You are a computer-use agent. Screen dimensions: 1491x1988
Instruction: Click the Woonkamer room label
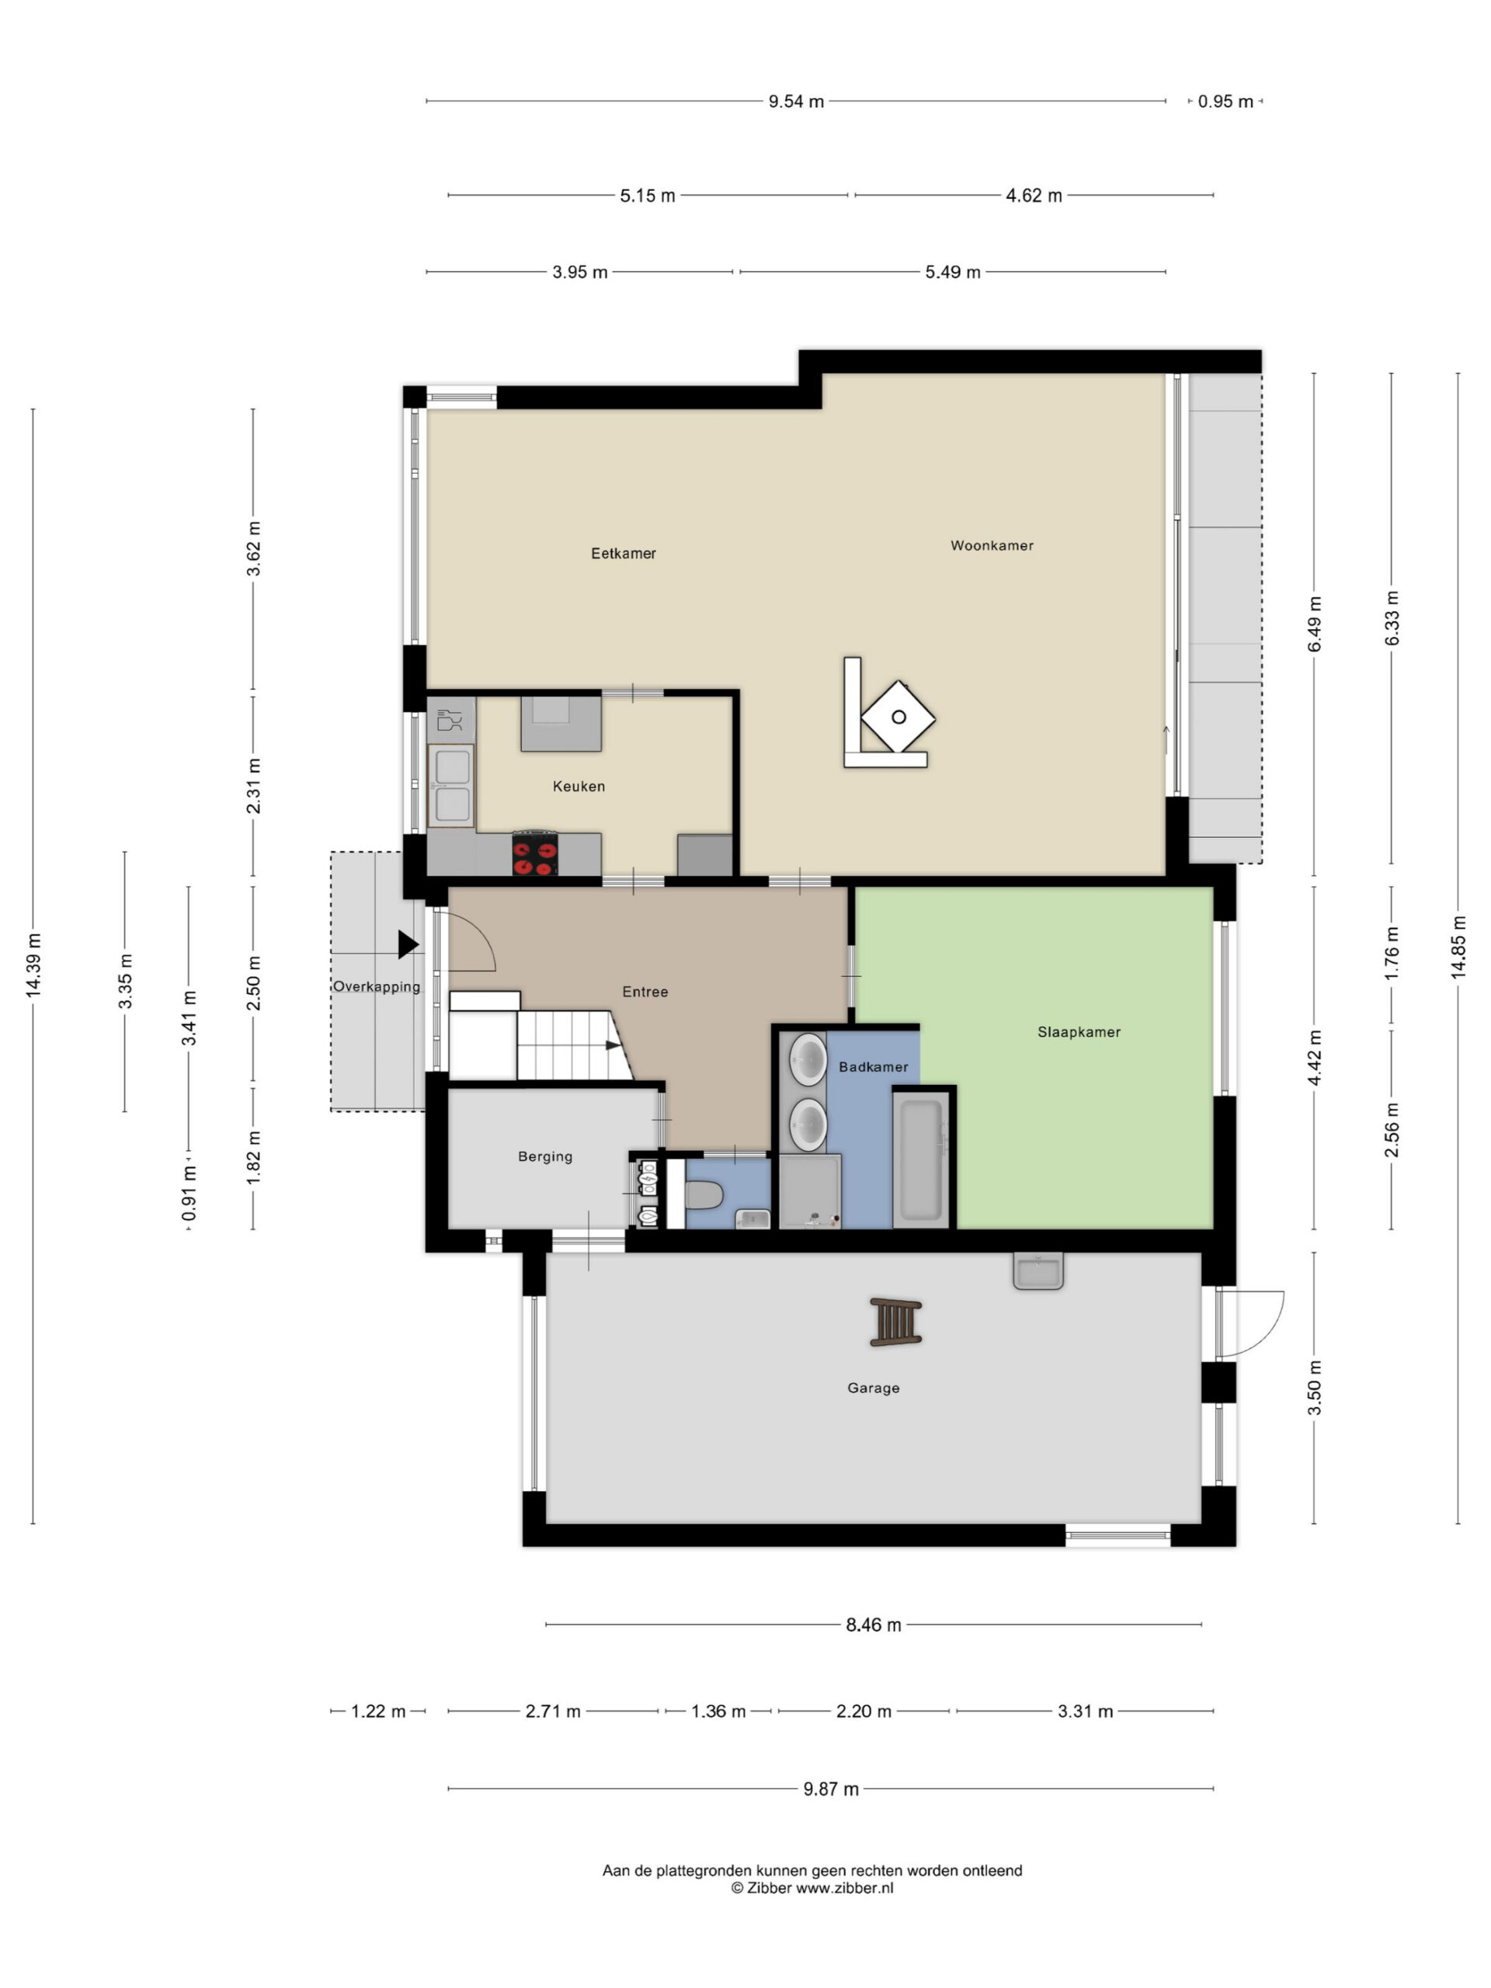tap(992, 545)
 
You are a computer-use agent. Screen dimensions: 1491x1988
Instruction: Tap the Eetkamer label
tap(623, 554)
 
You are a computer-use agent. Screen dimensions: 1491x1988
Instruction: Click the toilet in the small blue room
tap(704, 1195)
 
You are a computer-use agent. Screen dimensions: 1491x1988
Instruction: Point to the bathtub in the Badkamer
tap(920, 1159)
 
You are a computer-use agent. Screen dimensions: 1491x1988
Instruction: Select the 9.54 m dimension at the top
tap(795, 102)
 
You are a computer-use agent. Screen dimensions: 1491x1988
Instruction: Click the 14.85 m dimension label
tap(1458, 947)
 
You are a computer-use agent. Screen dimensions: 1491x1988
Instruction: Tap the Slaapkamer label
tap(1079, 1032)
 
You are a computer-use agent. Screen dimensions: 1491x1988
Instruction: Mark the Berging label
tap(544, 1156)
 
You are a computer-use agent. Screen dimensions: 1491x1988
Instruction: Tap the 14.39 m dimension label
tap(33, 965)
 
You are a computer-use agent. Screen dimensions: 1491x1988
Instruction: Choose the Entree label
tap(645, 992)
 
